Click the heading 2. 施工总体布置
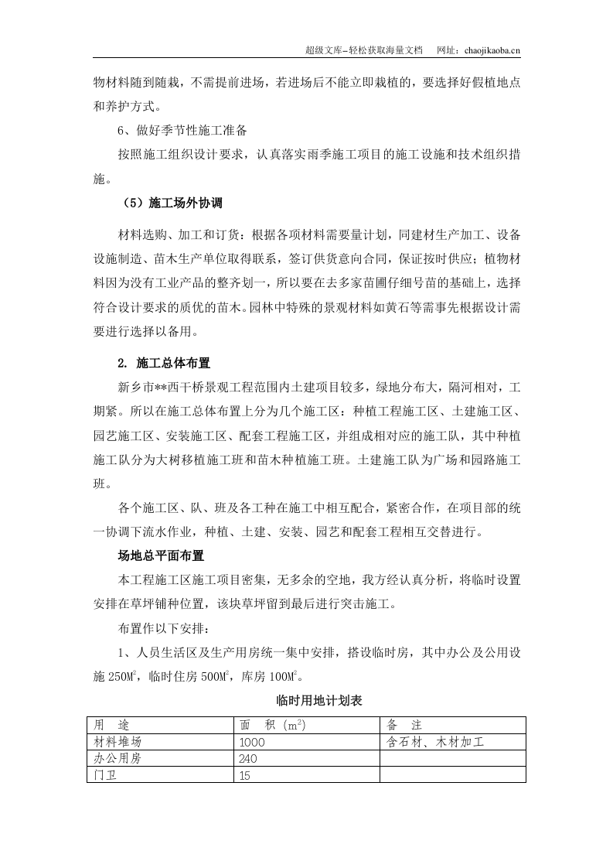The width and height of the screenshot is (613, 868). click(163, 362)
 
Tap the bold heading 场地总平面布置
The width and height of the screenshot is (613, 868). click(160, 555)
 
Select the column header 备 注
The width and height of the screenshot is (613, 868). click(404, 725)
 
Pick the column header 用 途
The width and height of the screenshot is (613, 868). click(111, 725)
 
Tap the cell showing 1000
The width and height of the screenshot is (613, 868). click(253, 742)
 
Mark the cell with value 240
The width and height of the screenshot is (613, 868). click(249, 759)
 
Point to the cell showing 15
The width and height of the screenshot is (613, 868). click(246, 775)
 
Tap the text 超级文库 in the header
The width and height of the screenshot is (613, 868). click(324, 50)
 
